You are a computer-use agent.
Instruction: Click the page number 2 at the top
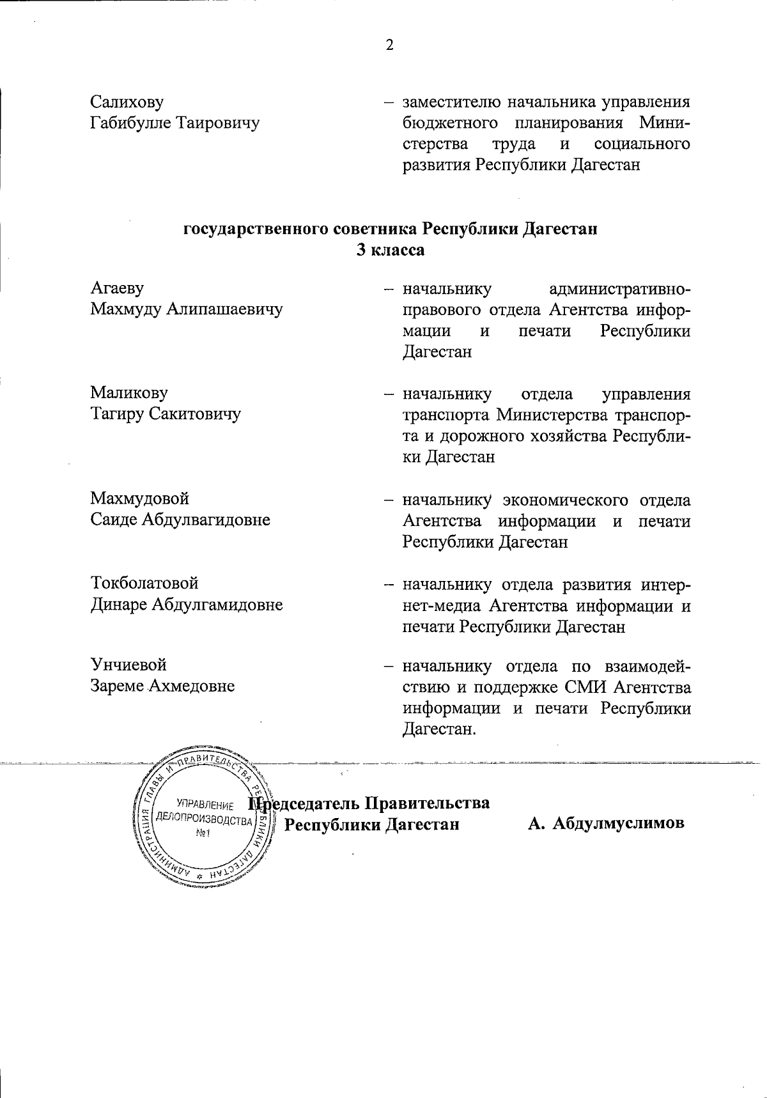coord(389,45)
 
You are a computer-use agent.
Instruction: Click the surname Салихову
coord(127,102)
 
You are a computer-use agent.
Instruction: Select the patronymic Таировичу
coord(218,123)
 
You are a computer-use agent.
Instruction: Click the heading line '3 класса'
coord(390,250)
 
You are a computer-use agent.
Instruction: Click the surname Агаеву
coord(117,288)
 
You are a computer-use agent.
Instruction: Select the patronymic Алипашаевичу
coord(224,310)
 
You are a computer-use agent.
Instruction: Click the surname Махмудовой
coord(140,498)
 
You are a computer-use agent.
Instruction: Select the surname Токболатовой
coord(144,583)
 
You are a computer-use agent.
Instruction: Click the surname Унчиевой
coord(128,665)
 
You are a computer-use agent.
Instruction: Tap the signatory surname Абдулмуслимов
coord(618,823)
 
